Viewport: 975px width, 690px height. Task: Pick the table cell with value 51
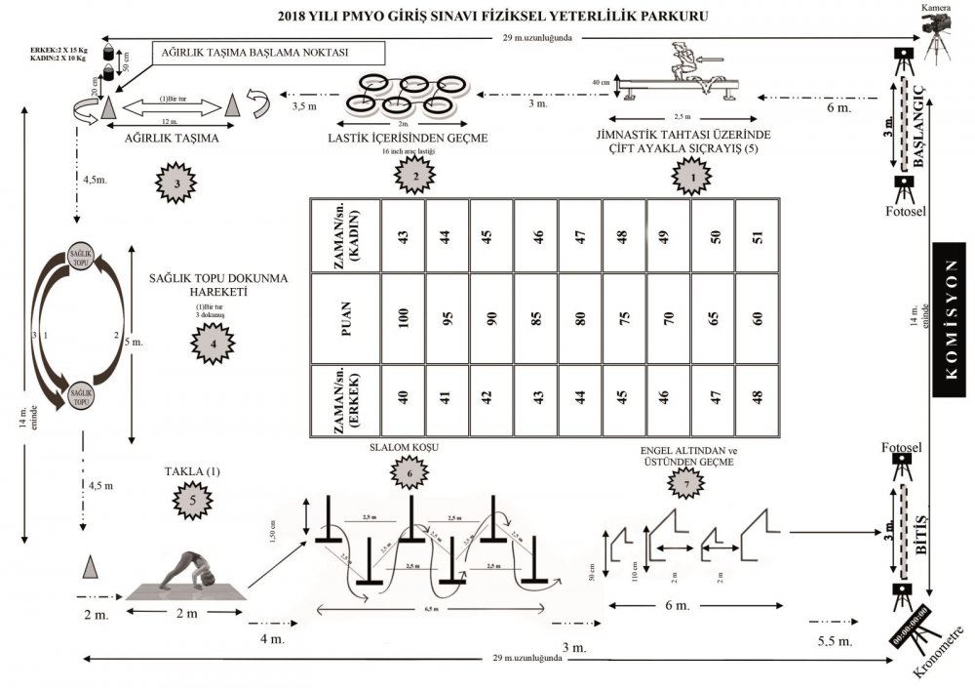pos(757,237)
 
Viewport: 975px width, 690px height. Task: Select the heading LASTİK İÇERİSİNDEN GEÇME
pos(405,140)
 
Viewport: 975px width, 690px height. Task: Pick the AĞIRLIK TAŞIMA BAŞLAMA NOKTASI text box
pos(267,53)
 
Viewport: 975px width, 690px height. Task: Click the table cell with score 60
pos(757,318)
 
